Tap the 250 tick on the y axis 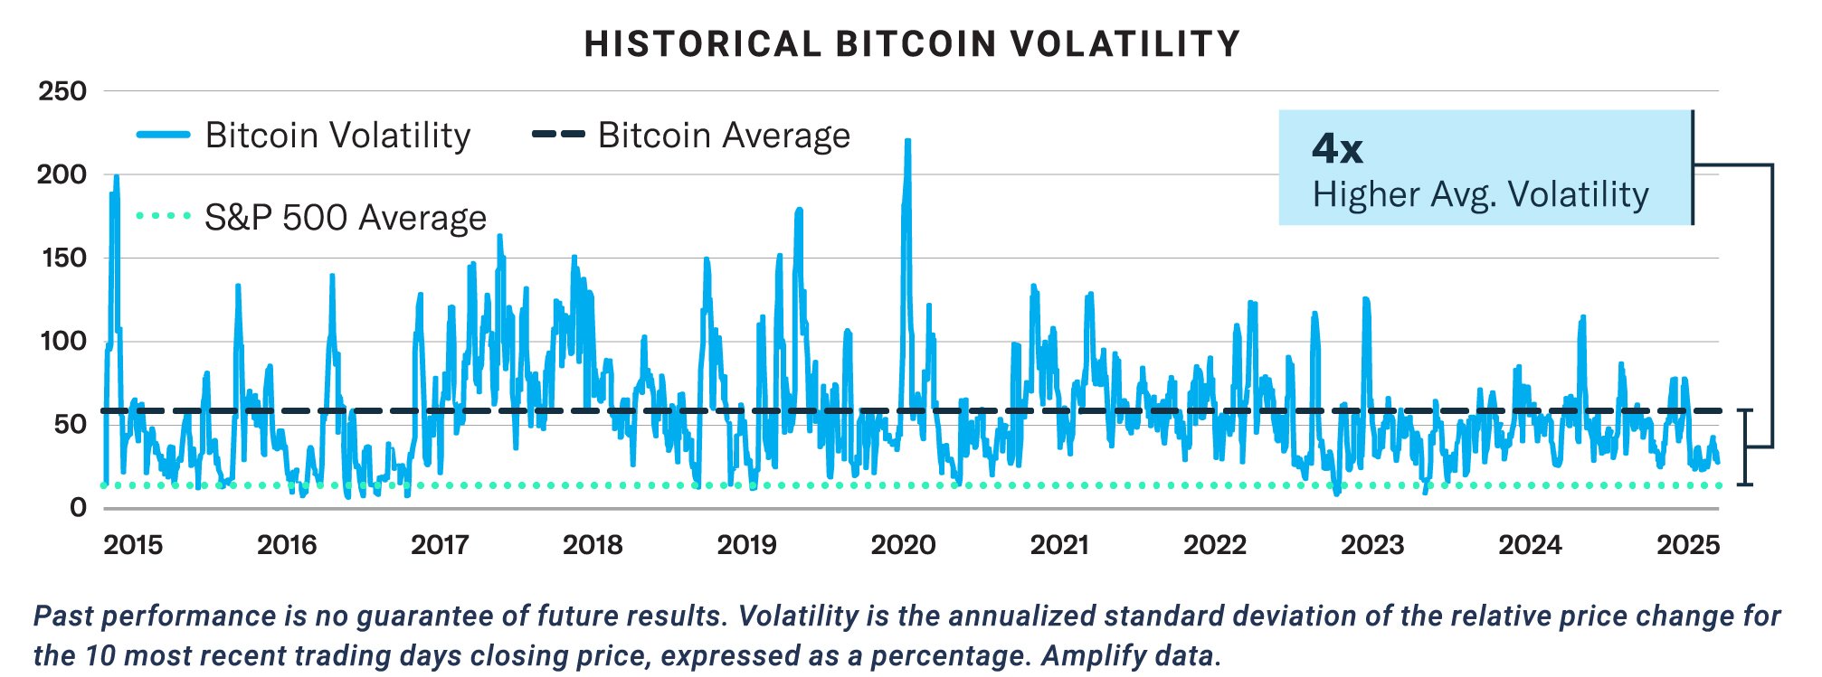point(62,91)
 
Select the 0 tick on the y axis point(78,508)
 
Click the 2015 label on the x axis point(133,545)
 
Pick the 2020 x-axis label point(903,545)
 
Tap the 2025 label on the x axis point(1687,545)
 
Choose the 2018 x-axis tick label point(593,545)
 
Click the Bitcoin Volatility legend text point(337,136)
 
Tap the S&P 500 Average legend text point(346,218)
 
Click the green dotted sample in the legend point(164,217)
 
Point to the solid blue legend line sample point(164,135)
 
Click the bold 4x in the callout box point(1336,148)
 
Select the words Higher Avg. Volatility point(1481,194)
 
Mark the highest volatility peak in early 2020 point(907,142)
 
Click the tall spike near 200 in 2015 point(116,178)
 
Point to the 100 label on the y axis point(62,342)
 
